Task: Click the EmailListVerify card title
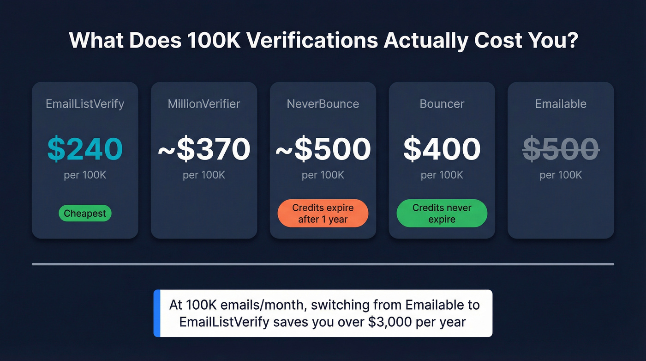85,104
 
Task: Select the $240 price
85,149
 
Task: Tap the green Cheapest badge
85,214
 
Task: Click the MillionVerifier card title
204,104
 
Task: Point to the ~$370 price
204,149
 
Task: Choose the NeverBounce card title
323,104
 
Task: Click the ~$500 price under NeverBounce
323,149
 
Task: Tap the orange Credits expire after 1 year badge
323,214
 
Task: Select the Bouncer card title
442,104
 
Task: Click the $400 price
442,149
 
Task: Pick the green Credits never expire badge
442,214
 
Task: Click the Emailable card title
561,104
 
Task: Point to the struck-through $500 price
561,149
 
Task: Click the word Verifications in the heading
312,41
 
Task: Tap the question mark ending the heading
572,41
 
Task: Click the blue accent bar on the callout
156,313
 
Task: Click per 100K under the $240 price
85,175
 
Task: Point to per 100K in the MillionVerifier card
204,175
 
